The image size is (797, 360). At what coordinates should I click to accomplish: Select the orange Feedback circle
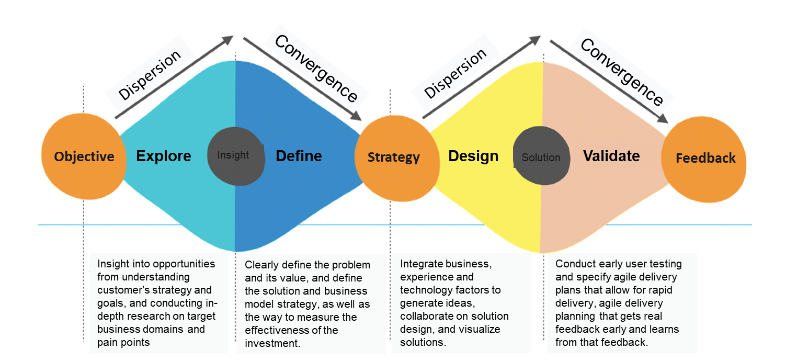pyautogui.click(x=704, y=158)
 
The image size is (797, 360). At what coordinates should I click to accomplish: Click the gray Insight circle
pyautogui.click(x=235, y=155)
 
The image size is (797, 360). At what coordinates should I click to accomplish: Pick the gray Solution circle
pyautogui.click(x=540, y=157)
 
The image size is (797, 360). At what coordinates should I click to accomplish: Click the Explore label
pyautogui.click(x=164, y=156)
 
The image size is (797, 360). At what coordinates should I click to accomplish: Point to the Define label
pyautogui.click(x=299, y=155)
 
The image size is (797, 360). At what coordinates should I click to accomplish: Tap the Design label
pyautogui.click(x=473, y=156)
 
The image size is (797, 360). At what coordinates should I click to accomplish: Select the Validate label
pyautogui.click(x=611, y=155)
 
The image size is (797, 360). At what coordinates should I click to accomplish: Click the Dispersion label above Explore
pyautogui.click(x=150, y=74)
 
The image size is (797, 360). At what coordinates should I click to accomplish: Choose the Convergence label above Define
pyautogui.click(x=316, y=69)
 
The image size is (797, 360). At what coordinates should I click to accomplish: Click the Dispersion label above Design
pyautogui.click(x=456, y=74)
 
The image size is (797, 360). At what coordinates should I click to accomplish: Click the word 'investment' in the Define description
pyautogui.click(x=272, y=343)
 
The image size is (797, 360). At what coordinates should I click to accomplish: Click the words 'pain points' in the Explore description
pyautogui.click(x=123, y=343)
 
